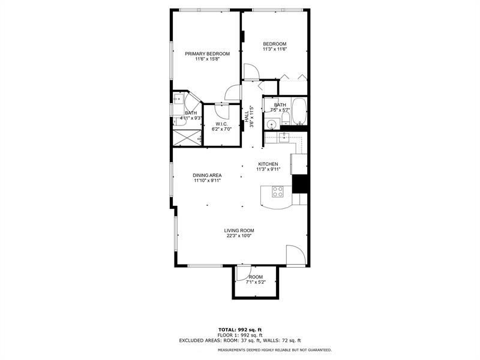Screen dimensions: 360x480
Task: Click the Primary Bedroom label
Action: [x=207, y=53]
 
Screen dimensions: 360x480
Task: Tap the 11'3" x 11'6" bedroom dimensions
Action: [x=275, y=49]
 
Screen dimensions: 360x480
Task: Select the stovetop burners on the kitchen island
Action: [x=278, y=192]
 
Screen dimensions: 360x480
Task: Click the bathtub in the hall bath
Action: [x=300, y=111]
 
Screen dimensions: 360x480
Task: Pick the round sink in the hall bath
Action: [x=272, y=125]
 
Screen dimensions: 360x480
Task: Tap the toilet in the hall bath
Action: [x=286, y=117]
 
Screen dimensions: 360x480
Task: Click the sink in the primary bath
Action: [x=178, y=98]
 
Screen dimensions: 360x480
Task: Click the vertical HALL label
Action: [x=246, y=116]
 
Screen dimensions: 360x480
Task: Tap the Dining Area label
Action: [x=207, y=175]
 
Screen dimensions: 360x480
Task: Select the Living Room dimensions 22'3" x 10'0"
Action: [x=239, y=236]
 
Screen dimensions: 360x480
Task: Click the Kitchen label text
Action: [x=268, y=164]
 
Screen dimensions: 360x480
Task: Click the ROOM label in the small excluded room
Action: [x=256, y=277]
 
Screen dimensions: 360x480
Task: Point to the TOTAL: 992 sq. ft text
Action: [x=239, y=329]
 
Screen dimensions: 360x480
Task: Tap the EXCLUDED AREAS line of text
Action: [x=239, y=340]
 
